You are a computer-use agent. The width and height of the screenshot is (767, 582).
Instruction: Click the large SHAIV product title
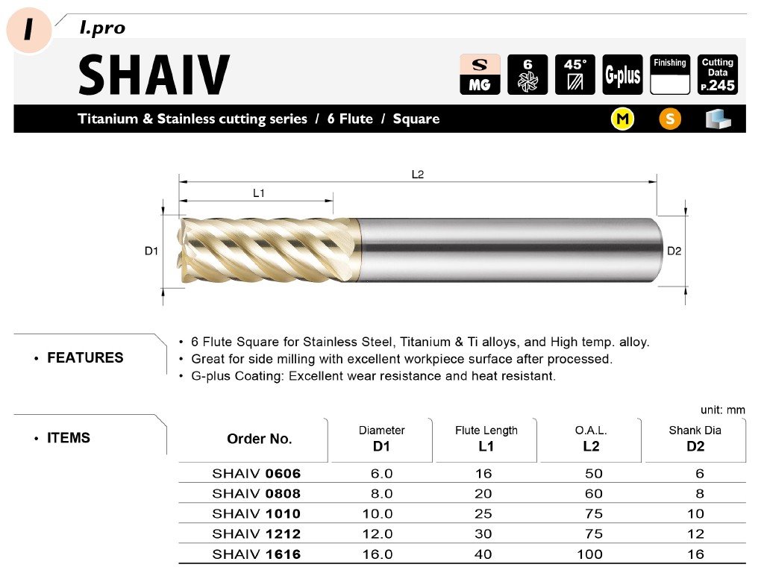click(154, 75)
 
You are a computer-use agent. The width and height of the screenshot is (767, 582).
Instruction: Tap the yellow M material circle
click(622, 119)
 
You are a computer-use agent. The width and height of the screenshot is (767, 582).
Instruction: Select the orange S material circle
click(670, 119)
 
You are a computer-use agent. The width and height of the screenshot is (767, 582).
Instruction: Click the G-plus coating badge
click(622, 75)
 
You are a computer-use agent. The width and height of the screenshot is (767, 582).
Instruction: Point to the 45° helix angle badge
click(575, 75)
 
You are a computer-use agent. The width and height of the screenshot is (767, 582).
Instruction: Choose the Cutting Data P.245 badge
click(717, 75)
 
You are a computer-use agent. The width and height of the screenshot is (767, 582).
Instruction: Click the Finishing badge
click(670, 75)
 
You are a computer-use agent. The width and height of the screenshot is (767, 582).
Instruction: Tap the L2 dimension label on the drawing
click(417, 175)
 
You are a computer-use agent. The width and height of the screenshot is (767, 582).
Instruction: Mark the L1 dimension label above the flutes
click(259, 193)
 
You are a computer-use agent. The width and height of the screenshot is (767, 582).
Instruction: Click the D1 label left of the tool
click(151, 251)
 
